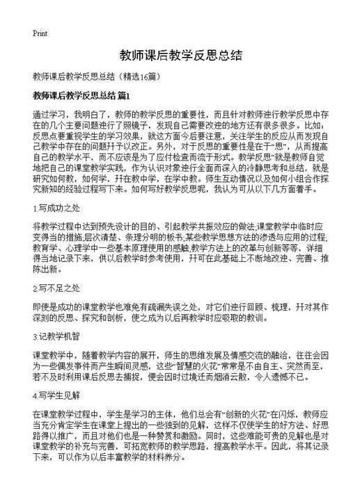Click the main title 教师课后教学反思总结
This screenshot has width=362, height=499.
(180, 55)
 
